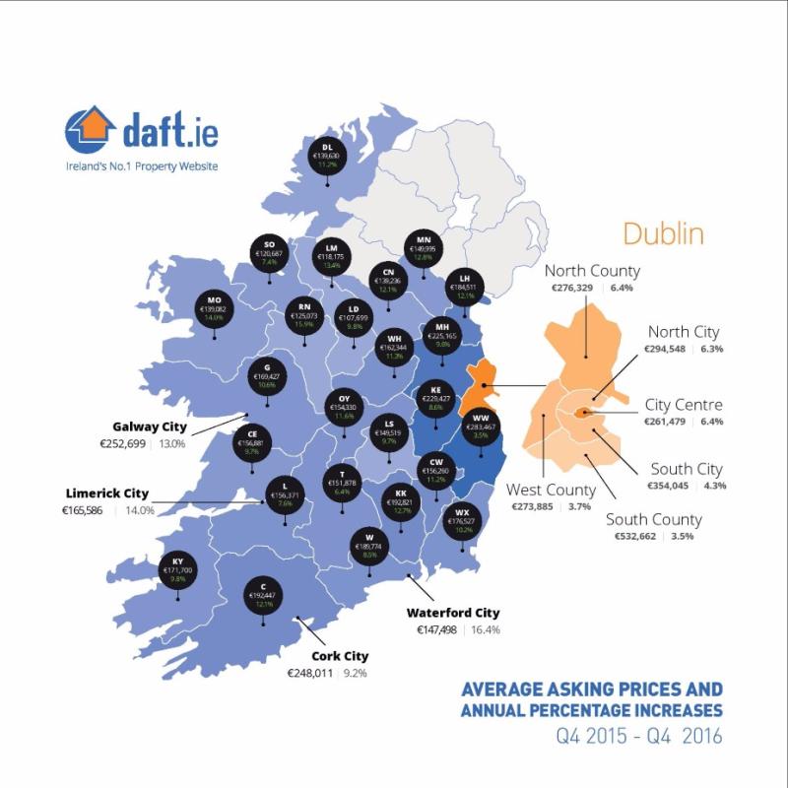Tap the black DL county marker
[326, 156]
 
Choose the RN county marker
[304, 313]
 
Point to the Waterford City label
[453, 613]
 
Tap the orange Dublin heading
[662, 235]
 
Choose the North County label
[592, 271]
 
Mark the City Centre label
[684, 405]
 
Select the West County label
[551, 490]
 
